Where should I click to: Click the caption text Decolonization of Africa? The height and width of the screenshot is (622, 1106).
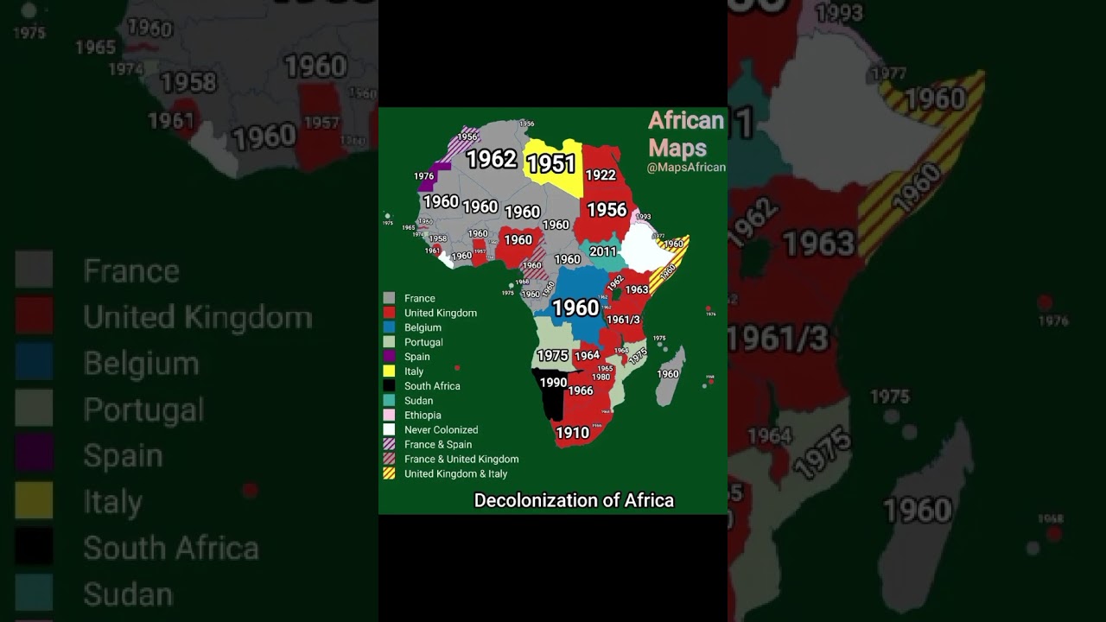(574, 500)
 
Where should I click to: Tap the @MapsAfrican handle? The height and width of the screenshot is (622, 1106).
(686, 168)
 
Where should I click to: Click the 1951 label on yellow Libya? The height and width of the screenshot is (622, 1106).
(550, 163)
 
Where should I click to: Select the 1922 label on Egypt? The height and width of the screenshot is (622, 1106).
(601, 175)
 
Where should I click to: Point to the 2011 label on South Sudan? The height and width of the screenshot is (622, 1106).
(603, 251)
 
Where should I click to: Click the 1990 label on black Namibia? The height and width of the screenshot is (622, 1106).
(553, 383)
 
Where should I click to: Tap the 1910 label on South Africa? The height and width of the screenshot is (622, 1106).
(572, 433)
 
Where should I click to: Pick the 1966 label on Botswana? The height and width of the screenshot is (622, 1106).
(581, 390)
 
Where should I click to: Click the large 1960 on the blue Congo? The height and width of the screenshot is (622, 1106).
(575, 308)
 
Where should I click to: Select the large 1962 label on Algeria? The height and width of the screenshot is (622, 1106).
(491, 159)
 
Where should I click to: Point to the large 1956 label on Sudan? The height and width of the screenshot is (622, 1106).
(607, 209)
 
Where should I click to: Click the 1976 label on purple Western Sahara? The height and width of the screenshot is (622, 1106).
(423, 176)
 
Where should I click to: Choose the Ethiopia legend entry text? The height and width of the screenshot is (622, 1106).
(423, 416)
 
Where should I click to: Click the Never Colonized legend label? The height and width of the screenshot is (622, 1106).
(441, 430)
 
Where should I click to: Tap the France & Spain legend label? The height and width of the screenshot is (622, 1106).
(438, 445)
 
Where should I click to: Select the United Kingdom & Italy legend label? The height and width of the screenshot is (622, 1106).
(455, 474)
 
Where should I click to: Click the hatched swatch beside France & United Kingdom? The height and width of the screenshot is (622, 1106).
(389, 459)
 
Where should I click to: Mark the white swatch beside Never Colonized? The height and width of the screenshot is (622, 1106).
(389, 429)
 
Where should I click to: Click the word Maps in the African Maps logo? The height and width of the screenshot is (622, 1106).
(677, 148)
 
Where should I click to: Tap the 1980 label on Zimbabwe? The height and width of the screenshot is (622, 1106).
(601, 377)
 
